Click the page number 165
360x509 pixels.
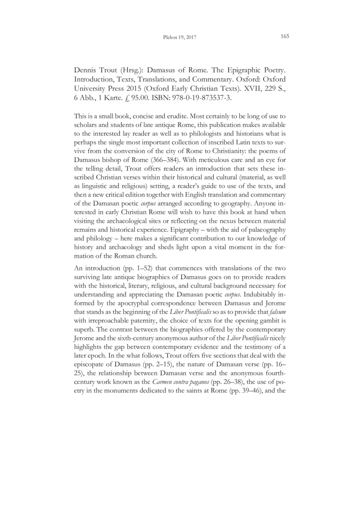[284, 36]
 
